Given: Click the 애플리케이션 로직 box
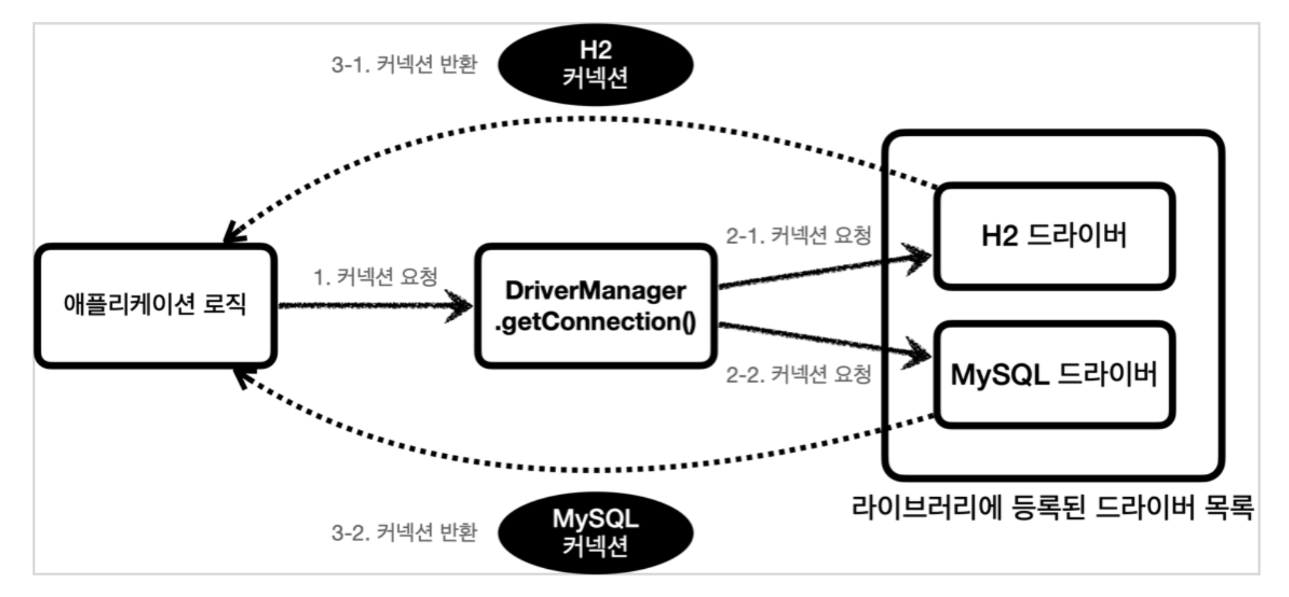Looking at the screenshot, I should [x=156, y=306].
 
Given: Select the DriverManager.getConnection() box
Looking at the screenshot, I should [x=595, y=306].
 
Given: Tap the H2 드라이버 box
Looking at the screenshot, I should [x=1054, y=236].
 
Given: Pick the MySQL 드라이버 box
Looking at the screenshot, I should [x=1054, y=375].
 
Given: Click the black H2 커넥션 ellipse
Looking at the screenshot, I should [x=595, y=64].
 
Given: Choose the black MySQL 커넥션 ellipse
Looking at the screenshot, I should [x=595, y=532].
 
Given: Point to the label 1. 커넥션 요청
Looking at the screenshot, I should [x=375, y=277].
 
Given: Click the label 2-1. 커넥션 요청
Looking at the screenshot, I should [x=798, y=236].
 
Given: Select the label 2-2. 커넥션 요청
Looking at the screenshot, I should [x=798, y=374].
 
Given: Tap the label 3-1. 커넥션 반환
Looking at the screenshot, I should [x=404, y=64].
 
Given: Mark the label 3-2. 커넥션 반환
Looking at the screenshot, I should [x=404, y=532].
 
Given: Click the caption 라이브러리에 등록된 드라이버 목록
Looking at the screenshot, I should [x=1052, y=508].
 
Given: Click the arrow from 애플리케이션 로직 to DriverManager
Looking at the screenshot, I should [x=374, y=306].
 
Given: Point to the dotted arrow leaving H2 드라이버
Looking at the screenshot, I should [x=576, y=120].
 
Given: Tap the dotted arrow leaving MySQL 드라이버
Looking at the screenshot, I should [x=576, y=470].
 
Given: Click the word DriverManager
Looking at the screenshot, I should [x=595, y=291].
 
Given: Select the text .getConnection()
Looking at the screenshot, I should [x=595, y=322].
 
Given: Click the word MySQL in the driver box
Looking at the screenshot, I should [x=999, y=375].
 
